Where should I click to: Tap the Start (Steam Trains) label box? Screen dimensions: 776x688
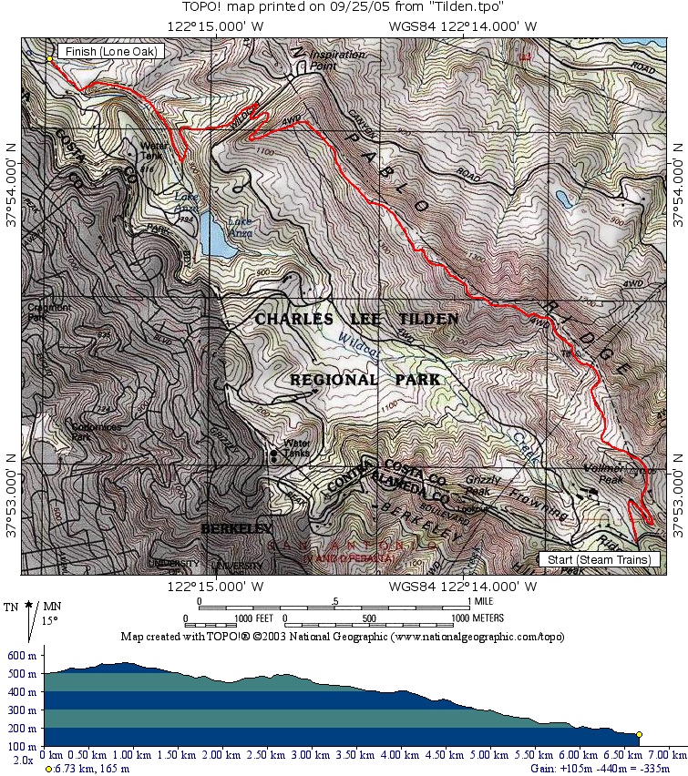600,559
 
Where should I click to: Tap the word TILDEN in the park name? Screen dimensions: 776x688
428,320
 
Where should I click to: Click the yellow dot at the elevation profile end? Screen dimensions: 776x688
639,734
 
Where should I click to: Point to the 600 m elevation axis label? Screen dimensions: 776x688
20,656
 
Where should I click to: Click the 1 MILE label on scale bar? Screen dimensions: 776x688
487,602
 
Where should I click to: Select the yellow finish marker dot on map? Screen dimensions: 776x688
49,59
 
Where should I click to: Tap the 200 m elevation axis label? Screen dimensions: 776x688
20,729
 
